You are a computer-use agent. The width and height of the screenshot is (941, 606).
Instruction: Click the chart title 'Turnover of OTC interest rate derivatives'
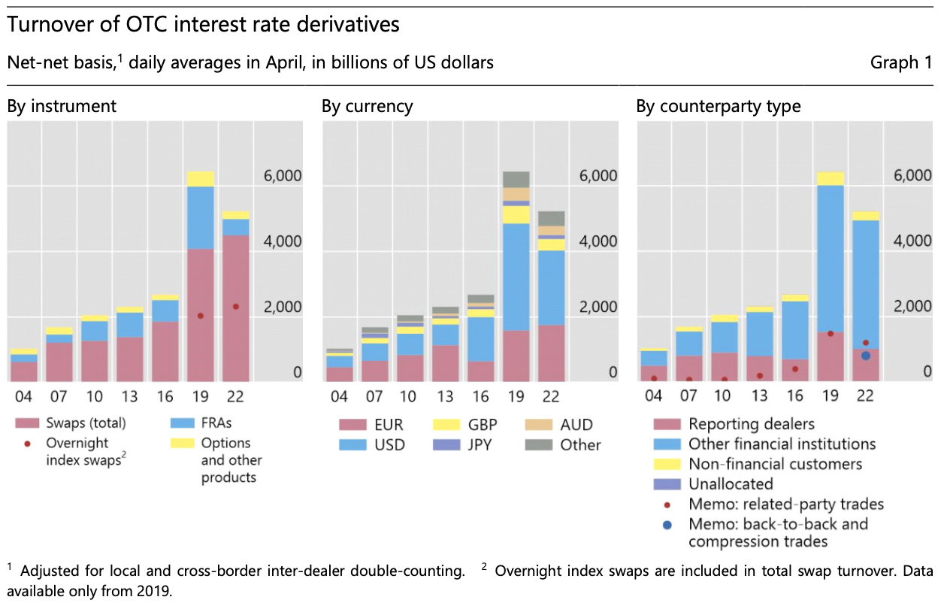[x=203, y=25]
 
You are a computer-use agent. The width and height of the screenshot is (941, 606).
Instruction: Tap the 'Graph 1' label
[x=900, y=62]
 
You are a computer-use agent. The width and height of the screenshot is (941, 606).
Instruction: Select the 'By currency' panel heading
[x=367, y=106]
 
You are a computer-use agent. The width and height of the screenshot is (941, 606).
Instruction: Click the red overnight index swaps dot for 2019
[x=200, y=316]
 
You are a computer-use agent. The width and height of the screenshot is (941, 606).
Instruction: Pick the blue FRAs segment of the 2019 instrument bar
[x=200, y=217]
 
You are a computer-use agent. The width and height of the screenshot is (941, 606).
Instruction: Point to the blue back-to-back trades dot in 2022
[x=865, y=356]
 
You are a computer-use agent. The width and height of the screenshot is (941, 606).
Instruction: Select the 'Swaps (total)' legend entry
[x=86, y=423]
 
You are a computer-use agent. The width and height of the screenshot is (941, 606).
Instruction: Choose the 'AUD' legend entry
[x=576, y=425]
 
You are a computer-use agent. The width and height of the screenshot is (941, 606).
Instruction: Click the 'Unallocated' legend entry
[x=731, y=483]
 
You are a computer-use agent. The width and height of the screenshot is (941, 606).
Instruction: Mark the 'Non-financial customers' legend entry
[x=775, y=464]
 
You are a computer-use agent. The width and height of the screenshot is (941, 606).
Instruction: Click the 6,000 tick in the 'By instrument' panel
[x=282, y=176]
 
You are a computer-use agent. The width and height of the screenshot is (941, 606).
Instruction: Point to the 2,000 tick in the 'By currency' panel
[x=597, y=307]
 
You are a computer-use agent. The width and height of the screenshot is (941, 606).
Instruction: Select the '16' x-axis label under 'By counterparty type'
[x=794, y=395]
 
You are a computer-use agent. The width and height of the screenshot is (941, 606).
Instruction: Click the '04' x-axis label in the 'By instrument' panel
[x=24, y=395]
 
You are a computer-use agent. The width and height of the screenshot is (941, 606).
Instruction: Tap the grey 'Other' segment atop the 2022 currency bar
[x=551, y=218]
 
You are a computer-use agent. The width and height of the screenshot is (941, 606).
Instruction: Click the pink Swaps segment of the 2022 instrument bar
[x=235, y=308]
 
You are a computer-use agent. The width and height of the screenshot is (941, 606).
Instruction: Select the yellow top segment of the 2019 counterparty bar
[x=830, y=178]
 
